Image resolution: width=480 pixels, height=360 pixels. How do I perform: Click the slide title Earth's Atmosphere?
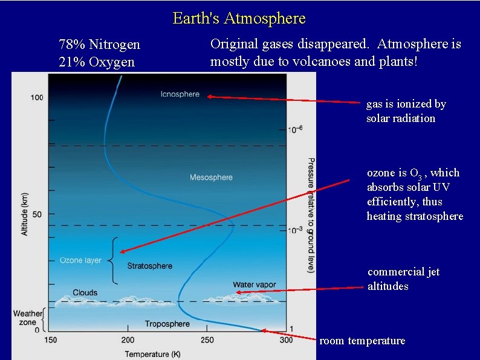239,18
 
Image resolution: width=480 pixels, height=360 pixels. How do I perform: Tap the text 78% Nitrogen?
99,45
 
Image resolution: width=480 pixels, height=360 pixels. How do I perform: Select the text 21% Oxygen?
97,62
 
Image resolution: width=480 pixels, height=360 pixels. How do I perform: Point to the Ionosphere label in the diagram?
180,94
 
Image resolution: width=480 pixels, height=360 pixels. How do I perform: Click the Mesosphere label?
211,177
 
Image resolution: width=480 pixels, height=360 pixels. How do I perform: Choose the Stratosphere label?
150,266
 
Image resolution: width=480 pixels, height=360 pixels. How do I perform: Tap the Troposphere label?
167,324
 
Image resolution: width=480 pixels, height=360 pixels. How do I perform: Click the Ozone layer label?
80,260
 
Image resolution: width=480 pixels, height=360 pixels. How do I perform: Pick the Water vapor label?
255,284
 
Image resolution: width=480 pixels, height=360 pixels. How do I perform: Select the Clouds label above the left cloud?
85,293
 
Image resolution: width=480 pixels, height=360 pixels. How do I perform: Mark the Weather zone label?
28,318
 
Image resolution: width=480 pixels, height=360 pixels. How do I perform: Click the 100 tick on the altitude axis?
36,97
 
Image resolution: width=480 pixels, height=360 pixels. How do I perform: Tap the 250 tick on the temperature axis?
207,340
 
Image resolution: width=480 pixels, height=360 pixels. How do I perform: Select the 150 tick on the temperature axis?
50,340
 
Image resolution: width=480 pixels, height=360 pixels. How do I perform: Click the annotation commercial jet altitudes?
403,279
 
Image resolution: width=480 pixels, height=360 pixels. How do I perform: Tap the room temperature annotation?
362,341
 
